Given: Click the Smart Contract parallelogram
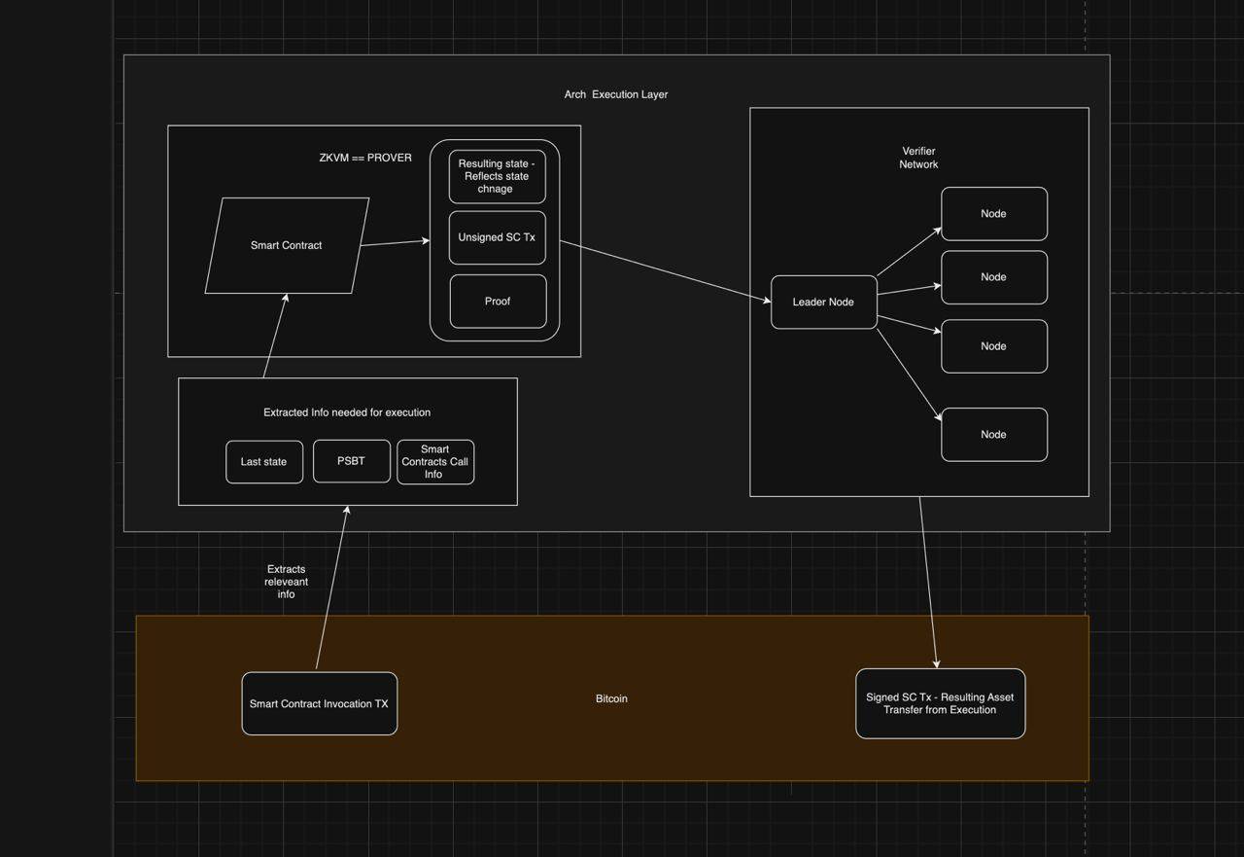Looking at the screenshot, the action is tap(287, 245).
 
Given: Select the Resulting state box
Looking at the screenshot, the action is tap(497, 176).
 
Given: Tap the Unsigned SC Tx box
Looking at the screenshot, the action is tap(497, 237).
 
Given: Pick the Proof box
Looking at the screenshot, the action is tap(498, 302).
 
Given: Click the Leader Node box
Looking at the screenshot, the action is tap(823, 302).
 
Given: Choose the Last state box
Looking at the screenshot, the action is tap(264, 462).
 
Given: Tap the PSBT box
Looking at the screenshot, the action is tap(352, 461).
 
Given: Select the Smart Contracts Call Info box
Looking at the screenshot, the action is tap(435, 462).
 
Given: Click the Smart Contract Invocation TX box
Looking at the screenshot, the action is tap(320, 703).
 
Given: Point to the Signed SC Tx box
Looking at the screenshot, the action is tap(940, 703).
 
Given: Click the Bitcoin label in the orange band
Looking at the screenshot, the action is tap(611, 698).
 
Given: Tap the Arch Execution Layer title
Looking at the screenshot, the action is tap(616, 94).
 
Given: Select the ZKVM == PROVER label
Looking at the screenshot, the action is tap(365, 158).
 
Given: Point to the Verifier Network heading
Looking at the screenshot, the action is tap(918, 158).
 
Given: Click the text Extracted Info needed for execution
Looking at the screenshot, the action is tap(347, 412).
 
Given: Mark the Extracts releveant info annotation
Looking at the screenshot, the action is tap(286, 582).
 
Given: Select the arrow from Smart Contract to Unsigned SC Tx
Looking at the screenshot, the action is tap(396, 243).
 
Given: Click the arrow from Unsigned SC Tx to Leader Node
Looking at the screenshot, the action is tap(666, 271).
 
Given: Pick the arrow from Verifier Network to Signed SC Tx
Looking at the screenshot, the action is tap(928, 583).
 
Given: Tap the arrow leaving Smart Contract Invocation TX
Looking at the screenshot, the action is tap(331, 587).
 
